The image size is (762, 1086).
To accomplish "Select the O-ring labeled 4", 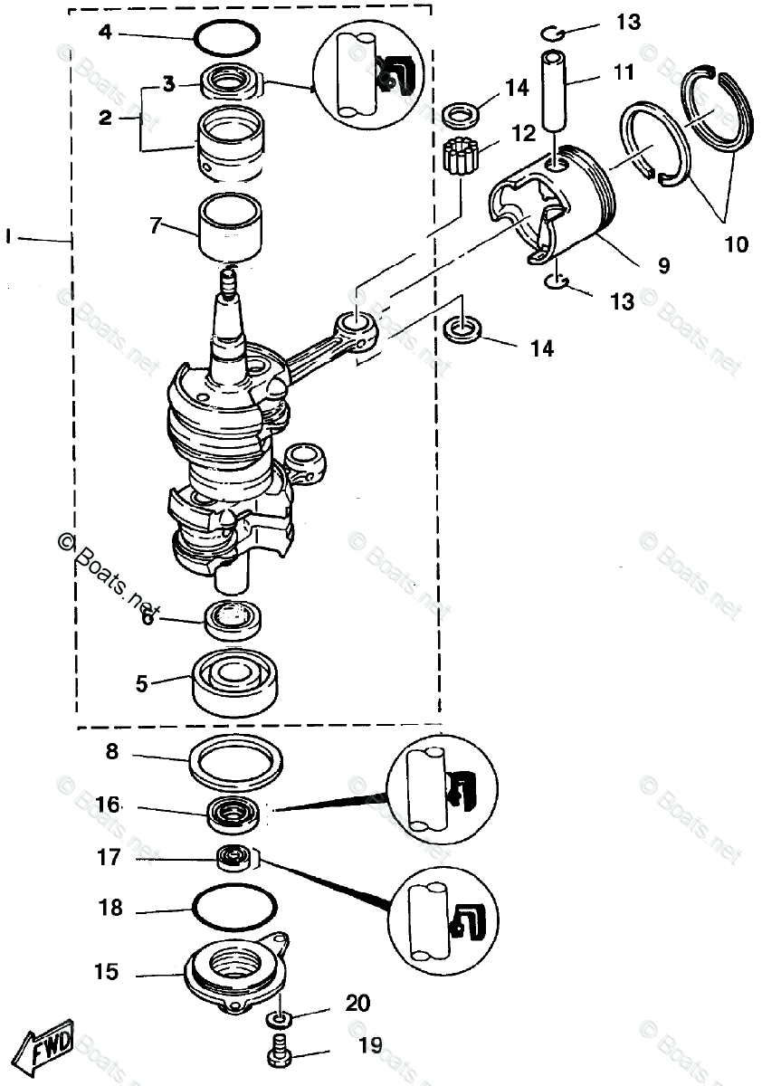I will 228,38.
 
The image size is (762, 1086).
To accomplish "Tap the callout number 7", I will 156,225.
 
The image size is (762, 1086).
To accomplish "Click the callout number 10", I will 737,243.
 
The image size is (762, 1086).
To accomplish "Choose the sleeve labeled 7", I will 231,226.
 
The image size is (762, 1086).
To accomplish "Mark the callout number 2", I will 106,117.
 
